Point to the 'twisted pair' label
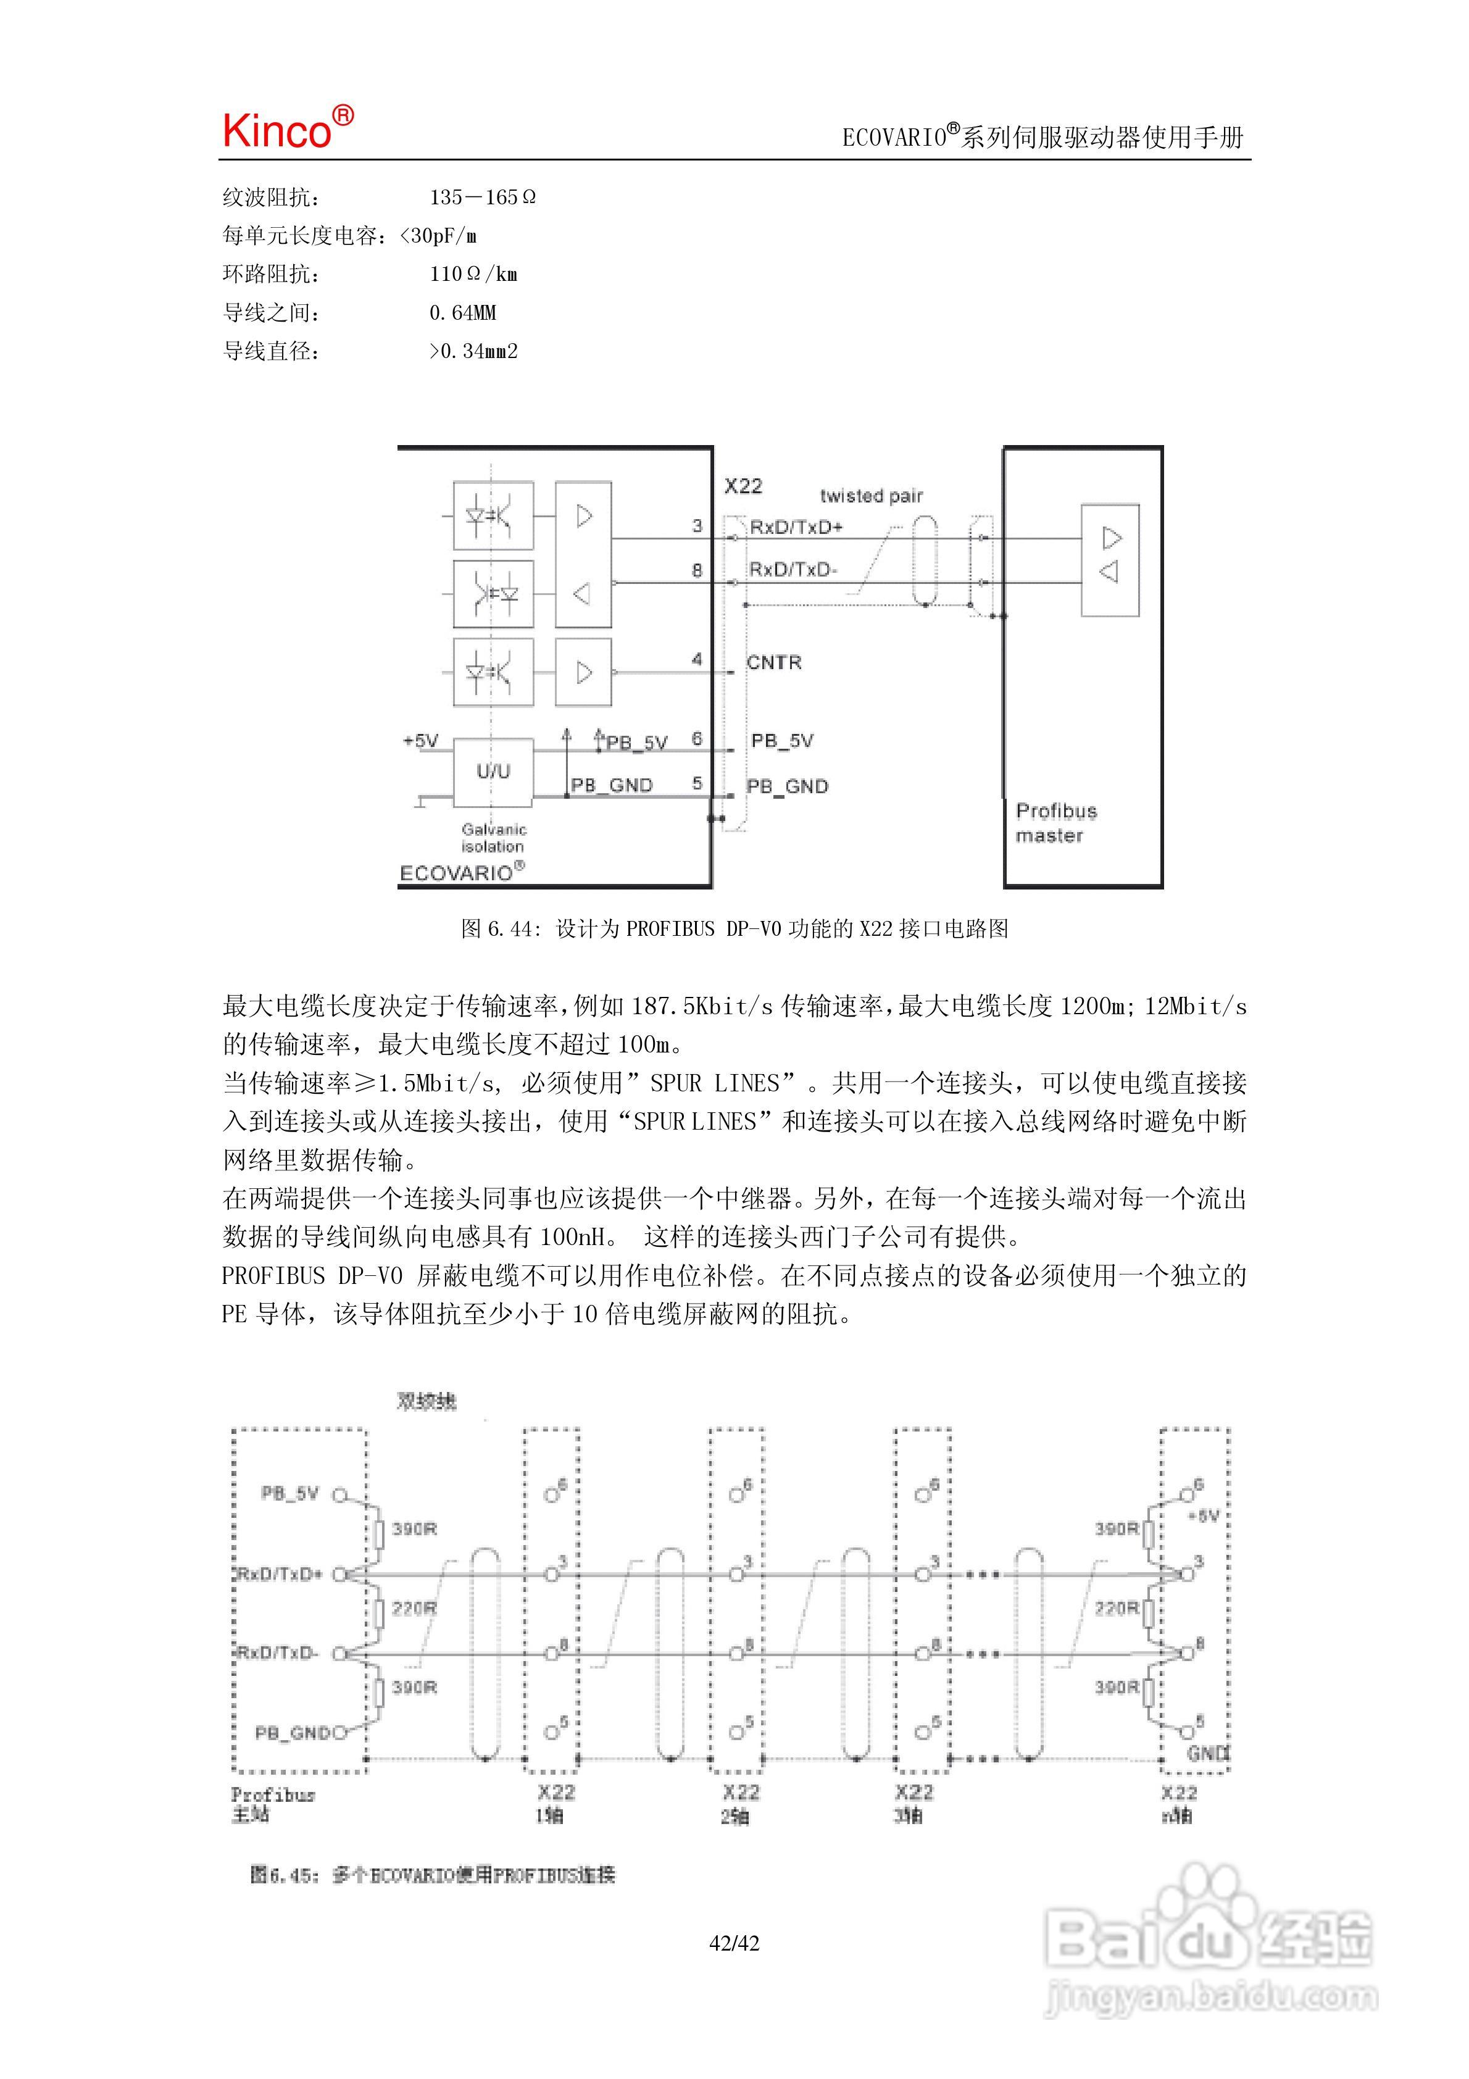pyautogui.click(x=872, y=495)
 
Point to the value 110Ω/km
pyautogui.click(x=473, y=273)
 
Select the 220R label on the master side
pyautogui.click(x=414, y=1608)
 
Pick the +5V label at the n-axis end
pyautogui.click(x=1207, y=1516)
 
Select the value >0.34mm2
pyautogui.click(x=473, y=351)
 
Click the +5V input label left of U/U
pyautogui.click(x=420, y=741)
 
